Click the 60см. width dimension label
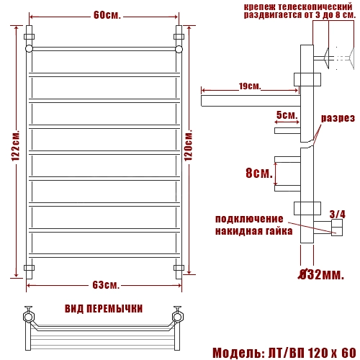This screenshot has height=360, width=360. [x=107, y=15]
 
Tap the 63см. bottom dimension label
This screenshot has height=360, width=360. [x=106, y=285]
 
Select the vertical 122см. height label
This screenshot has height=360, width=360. [x=15, y=146]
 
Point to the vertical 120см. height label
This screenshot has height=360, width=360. [x=189, y=145]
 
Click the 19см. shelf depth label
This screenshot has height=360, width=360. [x=250, y=86]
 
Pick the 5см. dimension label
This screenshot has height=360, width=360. [x=287, y=115]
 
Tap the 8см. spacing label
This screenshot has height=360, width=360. [x=259, y=173]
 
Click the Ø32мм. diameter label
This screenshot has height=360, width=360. [x=321, y=274]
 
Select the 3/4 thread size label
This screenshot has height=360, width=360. [x=338, y=215]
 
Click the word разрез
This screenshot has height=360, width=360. [x=338, y=118]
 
